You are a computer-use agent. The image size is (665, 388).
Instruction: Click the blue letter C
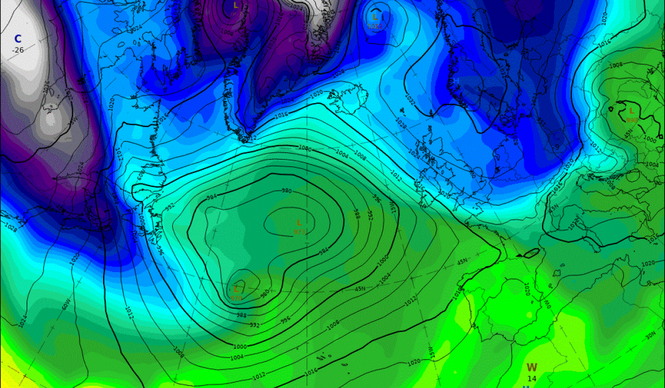(18, 39)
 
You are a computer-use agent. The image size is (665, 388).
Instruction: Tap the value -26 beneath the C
(18, 50)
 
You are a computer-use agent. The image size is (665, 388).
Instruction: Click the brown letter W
(532, 367)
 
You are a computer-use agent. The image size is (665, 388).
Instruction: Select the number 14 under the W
(532, 379)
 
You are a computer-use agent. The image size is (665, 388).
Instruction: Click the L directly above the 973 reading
(299, 223)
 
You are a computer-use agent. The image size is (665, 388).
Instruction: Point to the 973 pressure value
(299, 232)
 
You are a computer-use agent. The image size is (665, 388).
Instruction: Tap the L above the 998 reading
(631, 111)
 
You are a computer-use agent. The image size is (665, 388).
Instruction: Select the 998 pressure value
(631, 120)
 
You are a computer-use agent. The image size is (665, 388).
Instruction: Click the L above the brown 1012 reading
(375, 17)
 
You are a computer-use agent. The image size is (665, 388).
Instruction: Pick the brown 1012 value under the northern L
(375, 25)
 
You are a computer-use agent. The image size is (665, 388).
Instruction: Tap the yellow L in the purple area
(236, 6)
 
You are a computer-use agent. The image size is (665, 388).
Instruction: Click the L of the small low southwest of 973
(237, 289)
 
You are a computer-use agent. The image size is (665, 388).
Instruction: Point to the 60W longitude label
(66, 304)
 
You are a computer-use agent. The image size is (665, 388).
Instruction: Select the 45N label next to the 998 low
(628, 135)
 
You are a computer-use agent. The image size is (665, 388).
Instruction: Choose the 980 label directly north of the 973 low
(287, 191)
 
